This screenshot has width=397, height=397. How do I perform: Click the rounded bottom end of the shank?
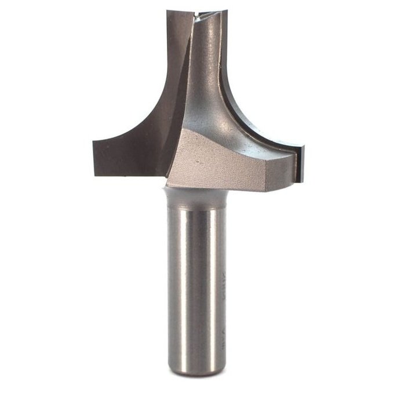(197, 371)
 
